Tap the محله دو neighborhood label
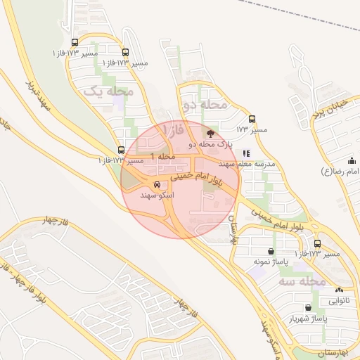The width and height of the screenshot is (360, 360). (205, 105)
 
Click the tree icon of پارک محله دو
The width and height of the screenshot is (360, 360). (209, 132)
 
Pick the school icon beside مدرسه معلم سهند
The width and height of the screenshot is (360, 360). (245, 153)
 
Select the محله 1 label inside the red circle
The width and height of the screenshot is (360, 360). (162, 155)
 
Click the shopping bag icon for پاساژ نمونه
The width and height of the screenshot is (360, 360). (271, 251)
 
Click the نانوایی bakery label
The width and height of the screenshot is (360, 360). (339, 300)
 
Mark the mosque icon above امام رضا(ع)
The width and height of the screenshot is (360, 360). (349, 160)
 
